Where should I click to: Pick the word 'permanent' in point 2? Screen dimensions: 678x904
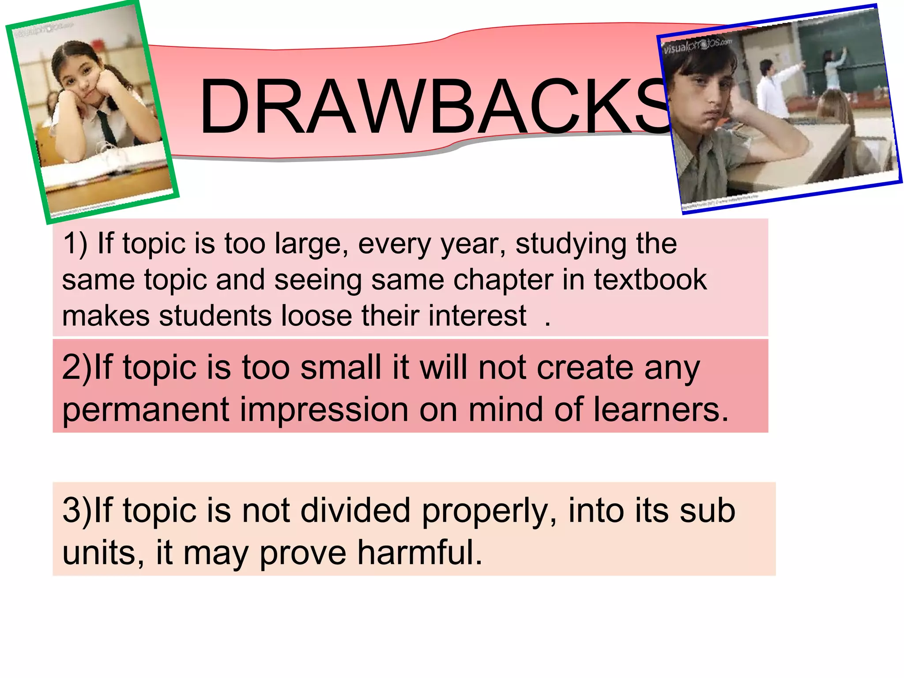[146, 410]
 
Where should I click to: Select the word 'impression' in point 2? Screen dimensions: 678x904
[324, 410]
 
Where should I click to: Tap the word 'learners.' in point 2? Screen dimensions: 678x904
[660, 410]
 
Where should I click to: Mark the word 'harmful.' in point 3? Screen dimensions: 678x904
[420, 553]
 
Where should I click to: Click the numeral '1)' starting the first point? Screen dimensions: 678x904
[75, 244]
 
